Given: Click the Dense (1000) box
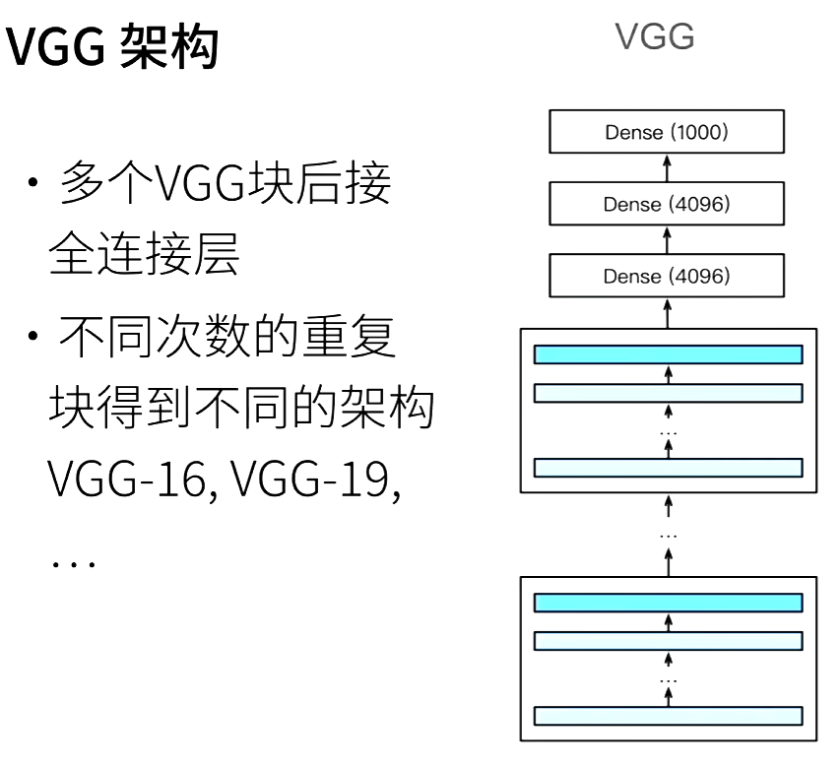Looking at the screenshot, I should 668,133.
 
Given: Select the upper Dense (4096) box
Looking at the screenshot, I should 668,205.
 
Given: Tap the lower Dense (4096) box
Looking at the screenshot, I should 668,277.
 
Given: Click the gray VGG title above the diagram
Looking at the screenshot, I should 655,38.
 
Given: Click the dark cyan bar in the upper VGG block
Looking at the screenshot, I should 668,354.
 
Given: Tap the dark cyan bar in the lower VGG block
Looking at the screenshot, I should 668,603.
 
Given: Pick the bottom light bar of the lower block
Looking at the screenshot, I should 668,715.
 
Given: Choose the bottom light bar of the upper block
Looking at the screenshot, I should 668,467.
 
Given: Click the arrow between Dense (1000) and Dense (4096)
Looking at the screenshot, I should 668,169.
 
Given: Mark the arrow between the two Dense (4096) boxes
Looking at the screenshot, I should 668,241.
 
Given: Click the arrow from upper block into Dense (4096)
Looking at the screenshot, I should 668,313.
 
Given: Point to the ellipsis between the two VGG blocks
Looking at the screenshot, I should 668,535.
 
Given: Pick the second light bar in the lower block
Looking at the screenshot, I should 668,641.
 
